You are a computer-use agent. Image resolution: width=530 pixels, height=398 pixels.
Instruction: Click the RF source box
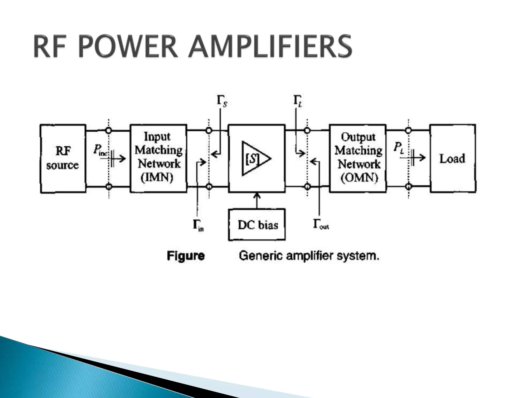(x=63, y=158)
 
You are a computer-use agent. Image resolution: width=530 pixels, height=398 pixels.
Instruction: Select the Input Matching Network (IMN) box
(x=158, y=158)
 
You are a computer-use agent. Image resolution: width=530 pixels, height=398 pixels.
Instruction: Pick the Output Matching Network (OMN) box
(x=358, y=158)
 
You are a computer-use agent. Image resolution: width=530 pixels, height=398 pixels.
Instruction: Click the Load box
(x=453, y=158)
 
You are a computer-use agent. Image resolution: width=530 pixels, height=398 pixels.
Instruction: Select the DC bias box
(x=257, y=225)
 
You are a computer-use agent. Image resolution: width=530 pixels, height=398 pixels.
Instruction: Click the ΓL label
(x=298, y=101)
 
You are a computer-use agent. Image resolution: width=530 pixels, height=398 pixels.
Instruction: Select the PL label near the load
(x=399, y=148)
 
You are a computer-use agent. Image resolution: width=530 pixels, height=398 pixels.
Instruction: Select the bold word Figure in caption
(x=186, y=256)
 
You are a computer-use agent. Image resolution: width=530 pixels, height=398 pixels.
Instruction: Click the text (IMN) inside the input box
(x=157, y=178)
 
